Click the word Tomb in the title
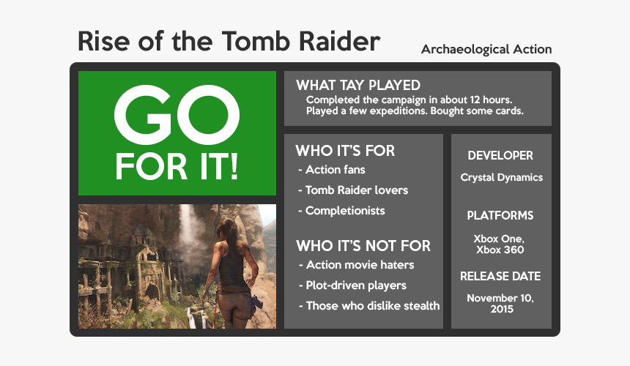tap(256, 41)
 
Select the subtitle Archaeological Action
tap(486, 49)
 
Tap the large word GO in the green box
tap(177, 115)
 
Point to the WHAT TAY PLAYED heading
tap(358, 85)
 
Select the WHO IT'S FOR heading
tap(345, 151)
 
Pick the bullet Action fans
tap(332, 170)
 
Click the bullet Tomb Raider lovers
tap(353, 190)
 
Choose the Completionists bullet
tap(341, 211)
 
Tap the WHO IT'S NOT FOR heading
tap(363, 246)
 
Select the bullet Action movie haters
tap(357, 265)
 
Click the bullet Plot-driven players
tap(353, 285)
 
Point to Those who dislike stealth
tap(369, 306)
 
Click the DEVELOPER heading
tap(500, 155)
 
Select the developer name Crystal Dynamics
tap(501, 177)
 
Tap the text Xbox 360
tap(500, 250)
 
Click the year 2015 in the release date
tap(502, 309)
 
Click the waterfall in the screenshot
tap(187, 228)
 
